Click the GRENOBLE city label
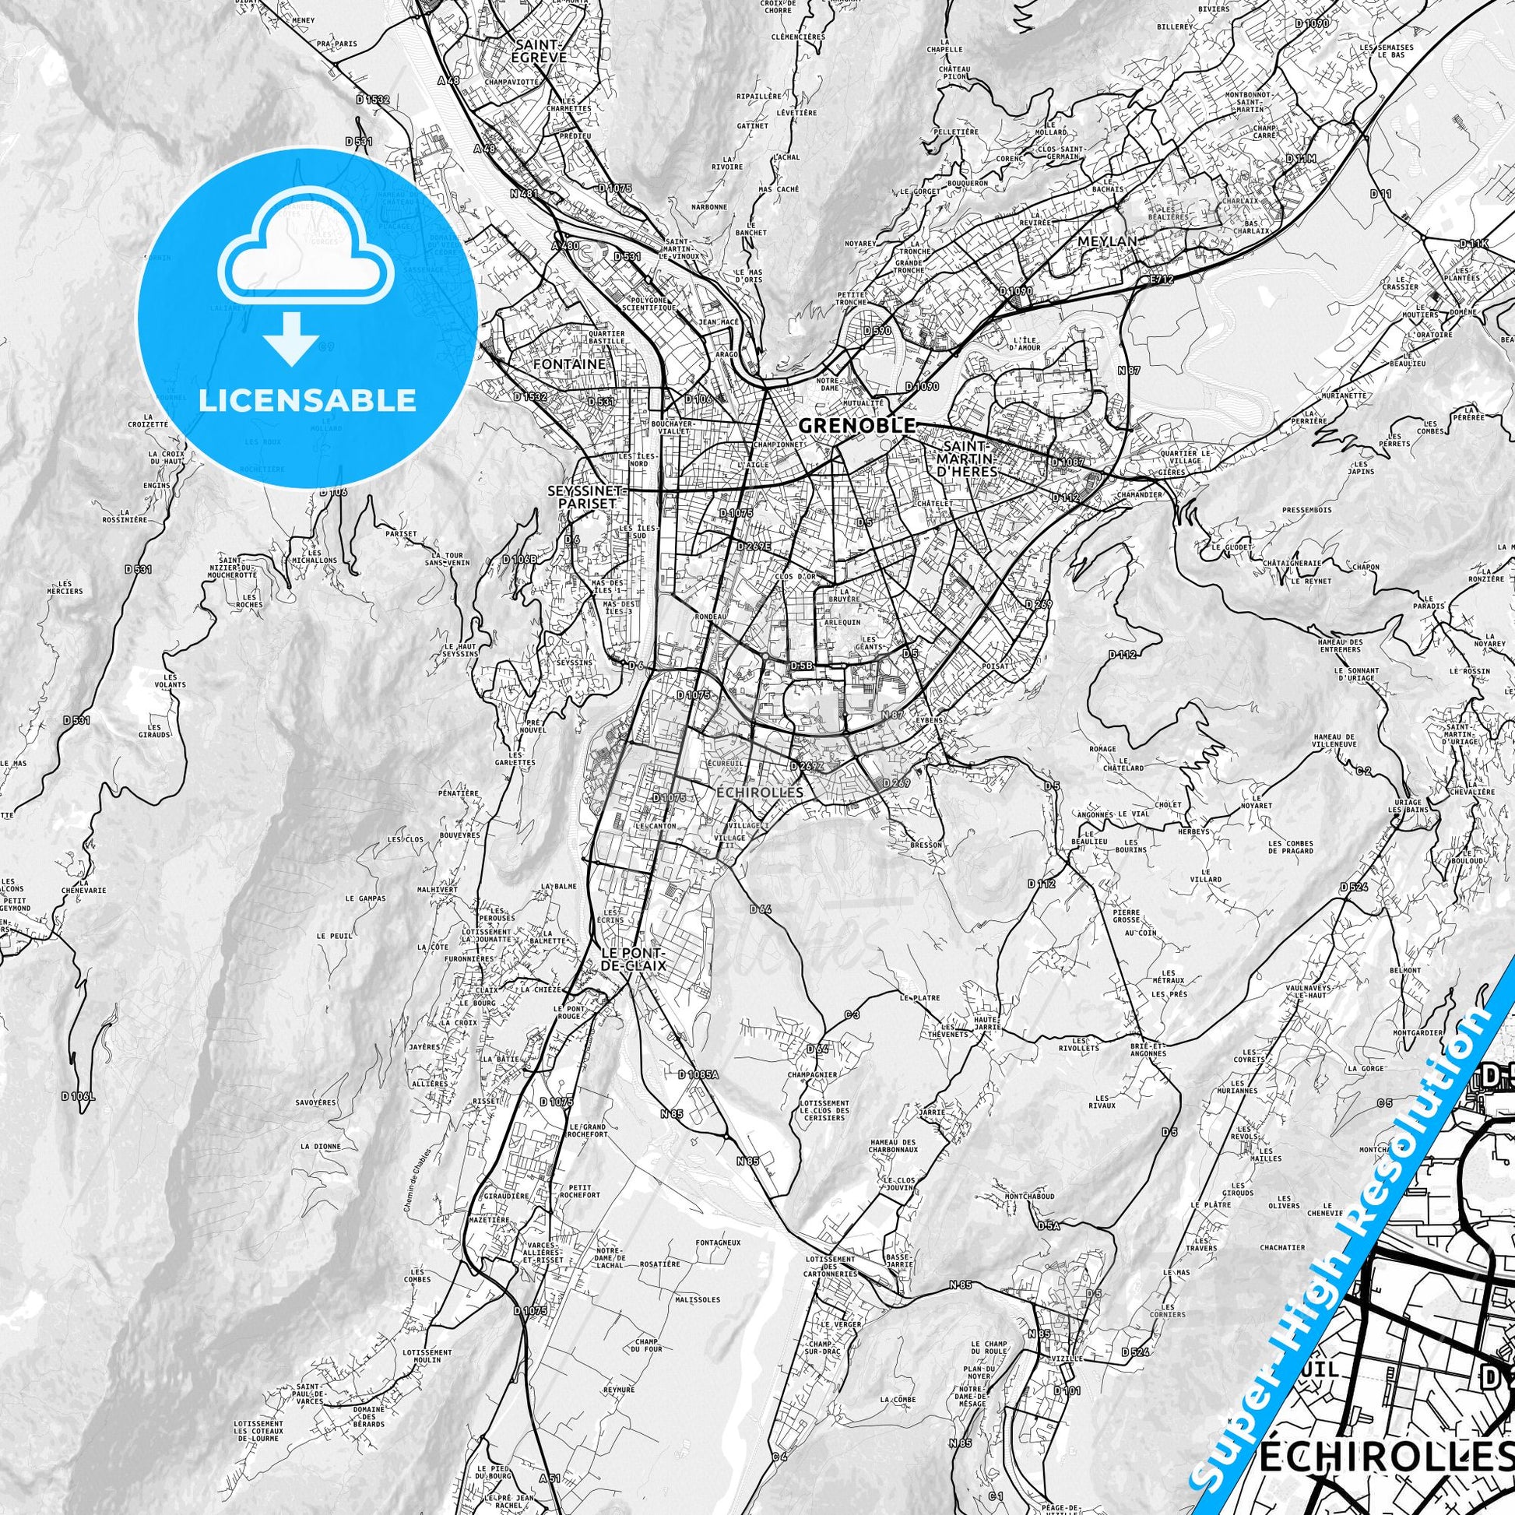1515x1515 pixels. point(856,426)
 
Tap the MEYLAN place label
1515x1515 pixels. point(1106,241)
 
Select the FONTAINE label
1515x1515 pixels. point(568,364)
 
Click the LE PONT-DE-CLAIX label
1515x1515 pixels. point(632,959)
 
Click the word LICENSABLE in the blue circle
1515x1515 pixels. point(307,401)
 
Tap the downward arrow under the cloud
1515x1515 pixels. point(292,340)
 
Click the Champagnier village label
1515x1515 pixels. point(814,1074)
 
